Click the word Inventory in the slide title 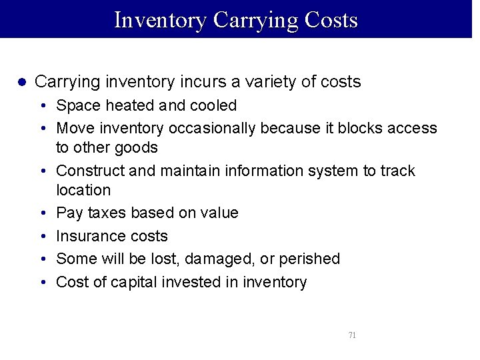click(x=161, y=20)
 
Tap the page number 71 click(x=352, y=335)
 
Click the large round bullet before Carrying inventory click(x=21, y=82)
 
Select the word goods click(x=137, y=147)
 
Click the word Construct click(x=90, y=171)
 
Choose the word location click(x=83, y=190)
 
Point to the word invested click(x=192, y=282)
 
